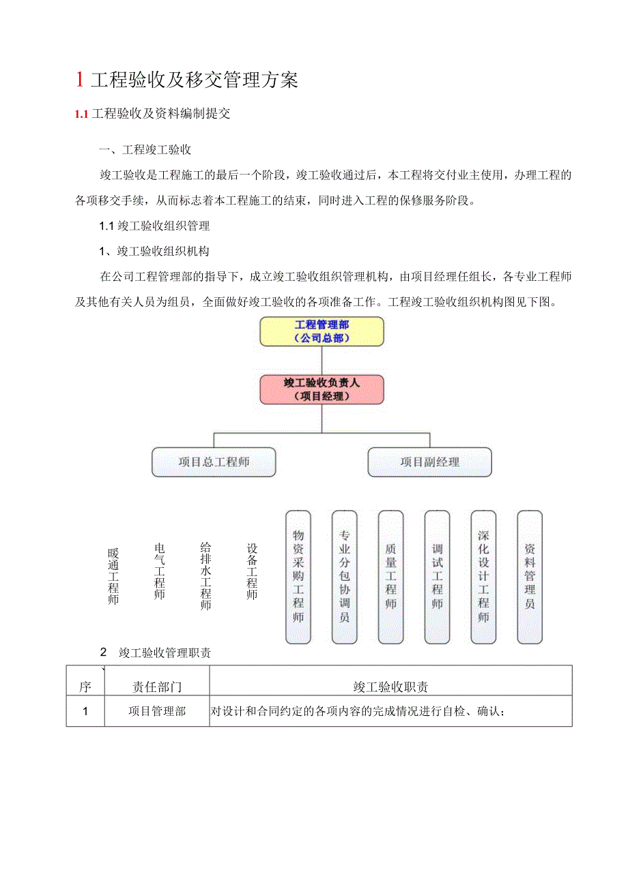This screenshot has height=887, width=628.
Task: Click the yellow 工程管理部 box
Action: [x=322, y=331]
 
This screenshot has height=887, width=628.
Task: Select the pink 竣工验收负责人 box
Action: [x=322, y=389]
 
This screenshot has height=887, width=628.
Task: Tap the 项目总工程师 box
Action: [x=214, y=462]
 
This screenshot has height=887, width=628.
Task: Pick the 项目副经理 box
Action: [x=429, y=462]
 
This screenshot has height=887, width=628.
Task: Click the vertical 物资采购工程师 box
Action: [x=298, y=577]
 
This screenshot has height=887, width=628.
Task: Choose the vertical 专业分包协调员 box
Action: [x=344, y=577]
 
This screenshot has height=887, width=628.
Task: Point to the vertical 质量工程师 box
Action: [x=390, y=577]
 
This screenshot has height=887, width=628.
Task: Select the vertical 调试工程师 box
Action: [x=437, y=577]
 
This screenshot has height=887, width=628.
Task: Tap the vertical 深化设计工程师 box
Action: [x=483, y=577]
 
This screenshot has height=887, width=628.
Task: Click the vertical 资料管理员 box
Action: [x=530, y=577]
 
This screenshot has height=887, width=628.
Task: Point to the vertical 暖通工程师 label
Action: [x=113, y=577]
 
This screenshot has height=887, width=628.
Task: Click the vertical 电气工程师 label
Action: [x=160, y=571]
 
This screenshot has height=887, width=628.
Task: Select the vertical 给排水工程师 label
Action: [x=205, y=576]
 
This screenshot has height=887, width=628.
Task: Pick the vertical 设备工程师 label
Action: [x=252, y=571]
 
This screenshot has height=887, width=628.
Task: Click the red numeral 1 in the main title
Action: [x=80, y=80]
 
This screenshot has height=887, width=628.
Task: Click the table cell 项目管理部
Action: [x=157, y=711]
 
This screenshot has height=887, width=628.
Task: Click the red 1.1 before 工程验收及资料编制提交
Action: [x=82, y=114]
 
